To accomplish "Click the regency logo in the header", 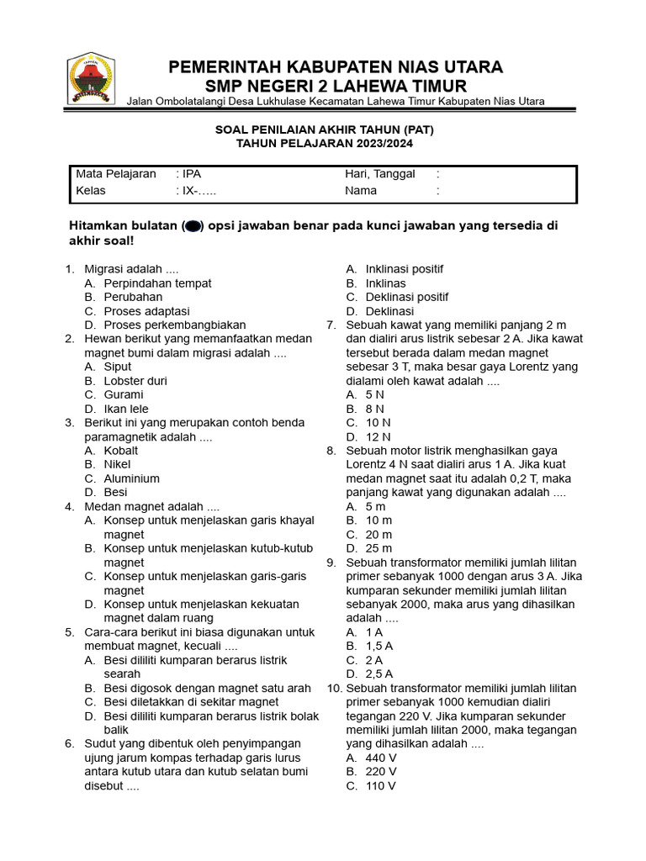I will point(91,78).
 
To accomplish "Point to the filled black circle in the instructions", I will point(192,226).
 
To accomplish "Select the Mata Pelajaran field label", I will point(116,174).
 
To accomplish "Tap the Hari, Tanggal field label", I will point(379,174).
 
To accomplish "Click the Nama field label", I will point(361,191).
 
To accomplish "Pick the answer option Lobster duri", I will point(135,381).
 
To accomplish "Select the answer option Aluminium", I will point(131,478).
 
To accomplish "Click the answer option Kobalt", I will point(121,451).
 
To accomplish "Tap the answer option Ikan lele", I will point(127,409).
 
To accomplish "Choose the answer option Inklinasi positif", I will point(404,269).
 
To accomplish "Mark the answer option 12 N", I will point(378,436).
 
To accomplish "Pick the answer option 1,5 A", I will point(379,646).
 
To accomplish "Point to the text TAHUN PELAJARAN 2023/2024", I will point(324,144).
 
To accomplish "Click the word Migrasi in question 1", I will point(105,269).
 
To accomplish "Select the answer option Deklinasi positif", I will point(406,297).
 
